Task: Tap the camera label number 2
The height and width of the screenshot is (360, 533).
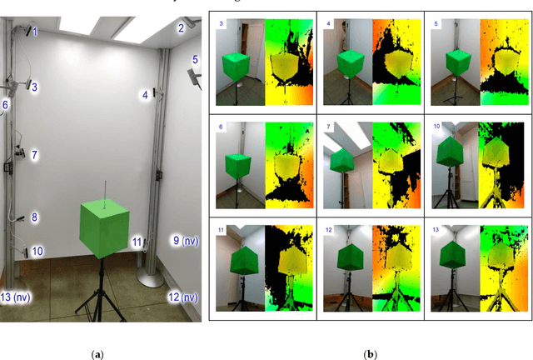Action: (180, 28)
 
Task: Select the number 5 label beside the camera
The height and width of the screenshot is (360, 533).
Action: (195, 60)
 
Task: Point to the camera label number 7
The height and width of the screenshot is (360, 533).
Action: (34, 155)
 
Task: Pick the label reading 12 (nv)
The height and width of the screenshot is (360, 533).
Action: (182, 297)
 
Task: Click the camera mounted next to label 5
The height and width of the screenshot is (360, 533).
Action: (193, 76)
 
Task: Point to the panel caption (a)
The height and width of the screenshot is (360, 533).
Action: (99, 354)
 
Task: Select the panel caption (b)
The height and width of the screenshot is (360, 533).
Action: (370, 354)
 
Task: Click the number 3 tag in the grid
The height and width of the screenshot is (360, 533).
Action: (222, 25)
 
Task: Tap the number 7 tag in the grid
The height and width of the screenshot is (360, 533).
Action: (328, 127)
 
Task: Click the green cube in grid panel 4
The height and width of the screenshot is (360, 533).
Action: (348, 63)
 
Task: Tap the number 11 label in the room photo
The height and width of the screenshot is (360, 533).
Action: (136, 242)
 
